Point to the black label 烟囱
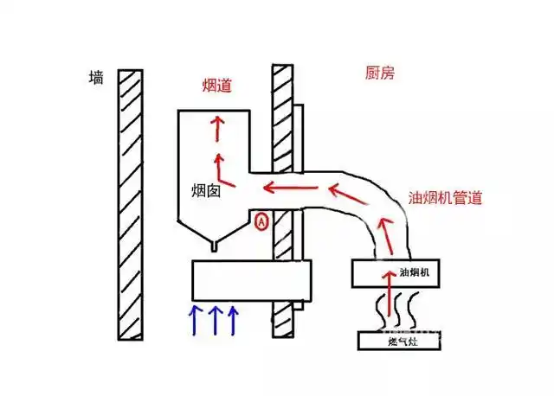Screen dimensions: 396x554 (206, 191)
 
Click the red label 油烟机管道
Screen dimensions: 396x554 (445, 197)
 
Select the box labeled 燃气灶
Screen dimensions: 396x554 (398, 341)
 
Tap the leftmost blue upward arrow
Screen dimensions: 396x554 (195, 319)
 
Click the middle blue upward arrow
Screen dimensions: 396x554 (214, 319)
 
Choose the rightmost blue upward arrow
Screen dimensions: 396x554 (232, 319)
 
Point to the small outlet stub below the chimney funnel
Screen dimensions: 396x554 (214, 247)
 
